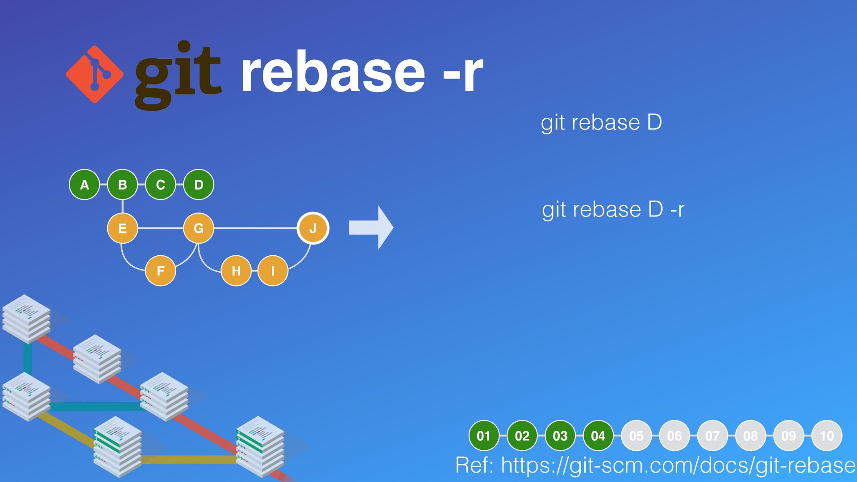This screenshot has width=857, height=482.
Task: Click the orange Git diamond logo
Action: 95,74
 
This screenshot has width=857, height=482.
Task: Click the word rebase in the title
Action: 333,72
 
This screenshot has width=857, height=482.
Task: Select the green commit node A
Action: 84,184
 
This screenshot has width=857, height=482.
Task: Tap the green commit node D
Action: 199,184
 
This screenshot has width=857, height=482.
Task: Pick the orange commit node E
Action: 122,228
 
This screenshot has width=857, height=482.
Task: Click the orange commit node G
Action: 199,228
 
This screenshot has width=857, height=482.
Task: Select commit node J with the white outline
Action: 313,228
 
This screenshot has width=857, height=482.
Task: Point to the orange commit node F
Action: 161,270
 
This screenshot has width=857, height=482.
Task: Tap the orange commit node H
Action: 236,270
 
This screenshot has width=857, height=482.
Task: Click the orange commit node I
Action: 273,270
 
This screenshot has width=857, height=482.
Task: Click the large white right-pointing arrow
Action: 371,228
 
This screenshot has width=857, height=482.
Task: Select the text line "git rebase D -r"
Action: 613,209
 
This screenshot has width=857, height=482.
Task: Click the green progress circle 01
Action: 484,436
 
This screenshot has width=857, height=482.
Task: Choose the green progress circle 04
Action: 598,436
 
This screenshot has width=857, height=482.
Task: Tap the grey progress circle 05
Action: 636,436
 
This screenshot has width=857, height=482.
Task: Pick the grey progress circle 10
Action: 827,436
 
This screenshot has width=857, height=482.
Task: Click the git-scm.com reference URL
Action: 678,465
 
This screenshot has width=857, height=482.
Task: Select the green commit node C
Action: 161,184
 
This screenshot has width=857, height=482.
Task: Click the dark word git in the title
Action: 178,74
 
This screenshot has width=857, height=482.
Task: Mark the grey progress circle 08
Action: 750,436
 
